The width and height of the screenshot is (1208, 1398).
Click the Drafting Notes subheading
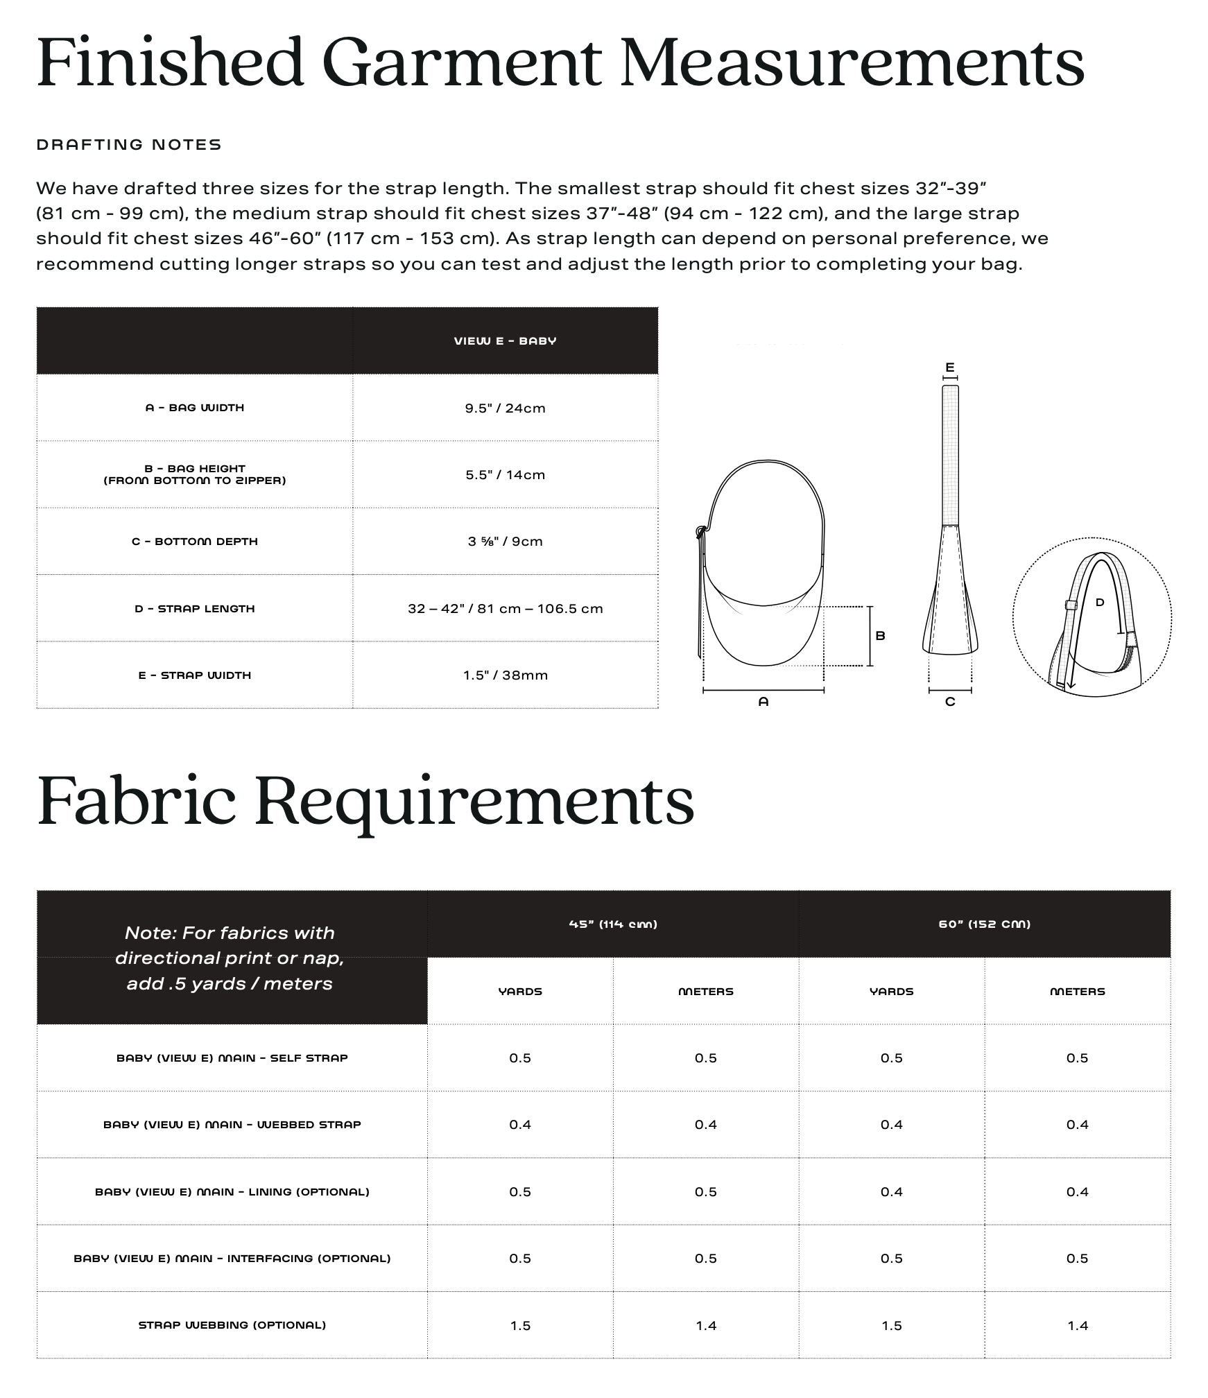tap(129, 145)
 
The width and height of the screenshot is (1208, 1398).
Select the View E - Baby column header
tap(505, 341)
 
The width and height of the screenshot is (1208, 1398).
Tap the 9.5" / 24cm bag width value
tap(505, 408)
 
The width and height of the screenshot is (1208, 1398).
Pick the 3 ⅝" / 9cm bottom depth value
tap(505, 542)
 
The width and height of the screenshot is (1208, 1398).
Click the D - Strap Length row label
tap(195, 609)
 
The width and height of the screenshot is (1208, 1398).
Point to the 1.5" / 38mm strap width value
tap(505, 675)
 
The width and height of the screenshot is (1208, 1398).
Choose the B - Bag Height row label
tap(195, 474)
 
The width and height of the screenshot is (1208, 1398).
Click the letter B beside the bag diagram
tap(880, 636)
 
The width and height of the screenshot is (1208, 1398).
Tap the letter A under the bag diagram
tap(763, 702)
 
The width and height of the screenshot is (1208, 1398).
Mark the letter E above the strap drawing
tap(950, 368)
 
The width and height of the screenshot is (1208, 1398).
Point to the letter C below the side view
tap(950, 702)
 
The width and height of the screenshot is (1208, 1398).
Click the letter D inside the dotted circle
tap(1100, 603)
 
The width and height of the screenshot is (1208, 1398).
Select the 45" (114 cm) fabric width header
tap(613, 924)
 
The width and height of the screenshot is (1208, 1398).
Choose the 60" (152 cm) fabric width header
tap(985, 924)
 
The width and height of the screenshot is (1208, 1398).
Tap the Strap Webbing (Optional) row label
tap(232, 1325)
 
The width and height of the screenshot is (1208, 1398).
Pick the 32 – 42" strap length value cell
tap(505, 609)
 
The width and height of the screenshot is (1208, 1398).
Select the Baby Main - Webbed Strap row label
tap(232, 1125)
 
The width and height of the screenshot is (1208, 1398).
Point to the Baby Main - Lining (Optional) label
tap(232, 1192)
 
